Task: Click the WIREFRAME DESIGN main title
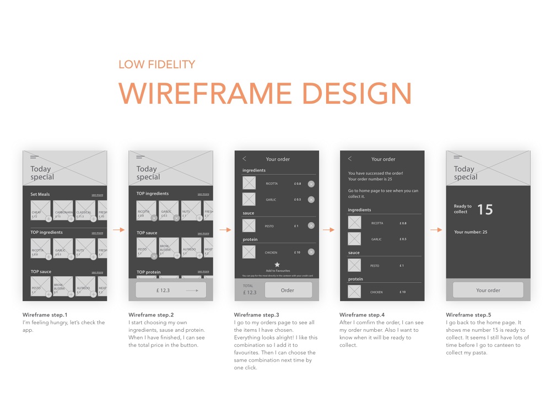click(x=265, y=93)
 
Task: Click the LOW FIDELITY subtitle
click(x=157, y=64)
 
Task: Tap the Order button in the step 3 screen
click(x=288, y=290)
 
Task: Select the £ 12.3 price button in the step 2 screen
click(x=171, y=290)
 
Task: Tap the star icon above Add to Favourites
click(x=277, y=265)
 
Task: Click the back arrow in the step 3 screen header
click(x=244, y=159)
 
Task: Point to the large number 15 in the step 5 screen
click(x=485, y=209)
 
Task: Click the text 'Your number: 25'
click(x=471, y=232)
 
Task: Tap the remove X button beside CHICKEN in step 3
click(x=311, y=252)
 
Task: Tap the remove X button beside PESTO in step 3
click(x=311, y=225)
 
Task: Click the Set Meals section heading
click(x=40, y=195)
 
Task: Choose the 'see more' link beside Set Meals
click(x=98, y=195)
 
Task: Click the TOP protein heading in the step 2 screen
click(x=149, y=272)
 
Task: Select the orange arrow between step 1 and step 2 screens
click(x=118, y=230)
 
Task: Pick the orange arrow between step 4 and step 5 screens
click(x=435, y=230)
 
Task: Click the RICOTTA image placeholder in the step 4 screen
click(x=354, y=223)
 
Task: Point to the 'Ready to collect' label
click(x=463, y=209)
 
